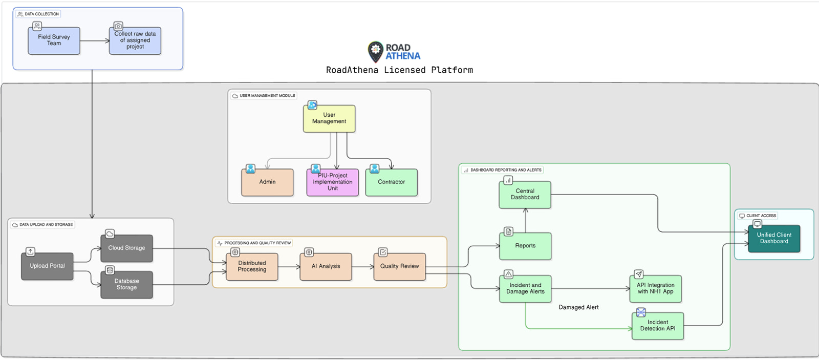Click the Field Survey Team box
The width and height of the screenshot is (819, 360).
54,40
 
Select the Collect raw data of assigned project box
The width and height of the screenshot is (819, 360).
135,40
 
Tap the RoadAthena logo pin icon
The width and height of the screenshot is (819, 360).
376,51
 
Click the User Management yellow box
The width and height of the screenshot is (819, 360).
329,118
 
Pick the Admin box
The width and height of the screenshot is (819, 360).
267,182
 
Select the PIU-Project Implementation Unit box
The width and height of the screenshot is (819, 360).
332,182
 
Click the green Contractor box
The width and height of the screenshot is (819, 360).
391,182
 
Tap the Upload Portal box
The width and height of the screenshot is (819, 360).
47,266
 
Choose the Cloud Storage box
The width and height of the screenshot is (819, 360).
126,248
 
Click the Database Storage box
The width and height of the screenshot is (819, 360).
126,285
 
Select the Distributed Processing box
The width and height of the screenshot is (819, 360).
252,267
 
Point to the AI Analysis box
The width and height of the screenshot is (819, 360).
326,267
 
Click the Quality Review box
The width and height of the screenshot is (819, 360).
399,267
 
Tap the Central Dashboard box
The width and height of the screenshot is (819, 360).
525,195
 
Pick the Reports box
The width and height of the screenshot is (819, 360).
525,246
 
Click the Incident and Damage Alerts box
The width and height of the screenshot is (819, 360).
525,289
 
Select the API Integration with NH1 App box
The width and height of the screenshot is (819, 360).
655,289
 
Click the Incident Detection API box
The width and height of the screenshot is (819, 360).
658,326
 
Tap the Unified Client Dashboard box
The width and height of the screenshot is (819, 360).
774,239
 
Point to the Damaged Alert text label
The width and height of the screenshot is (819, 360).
578,307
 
